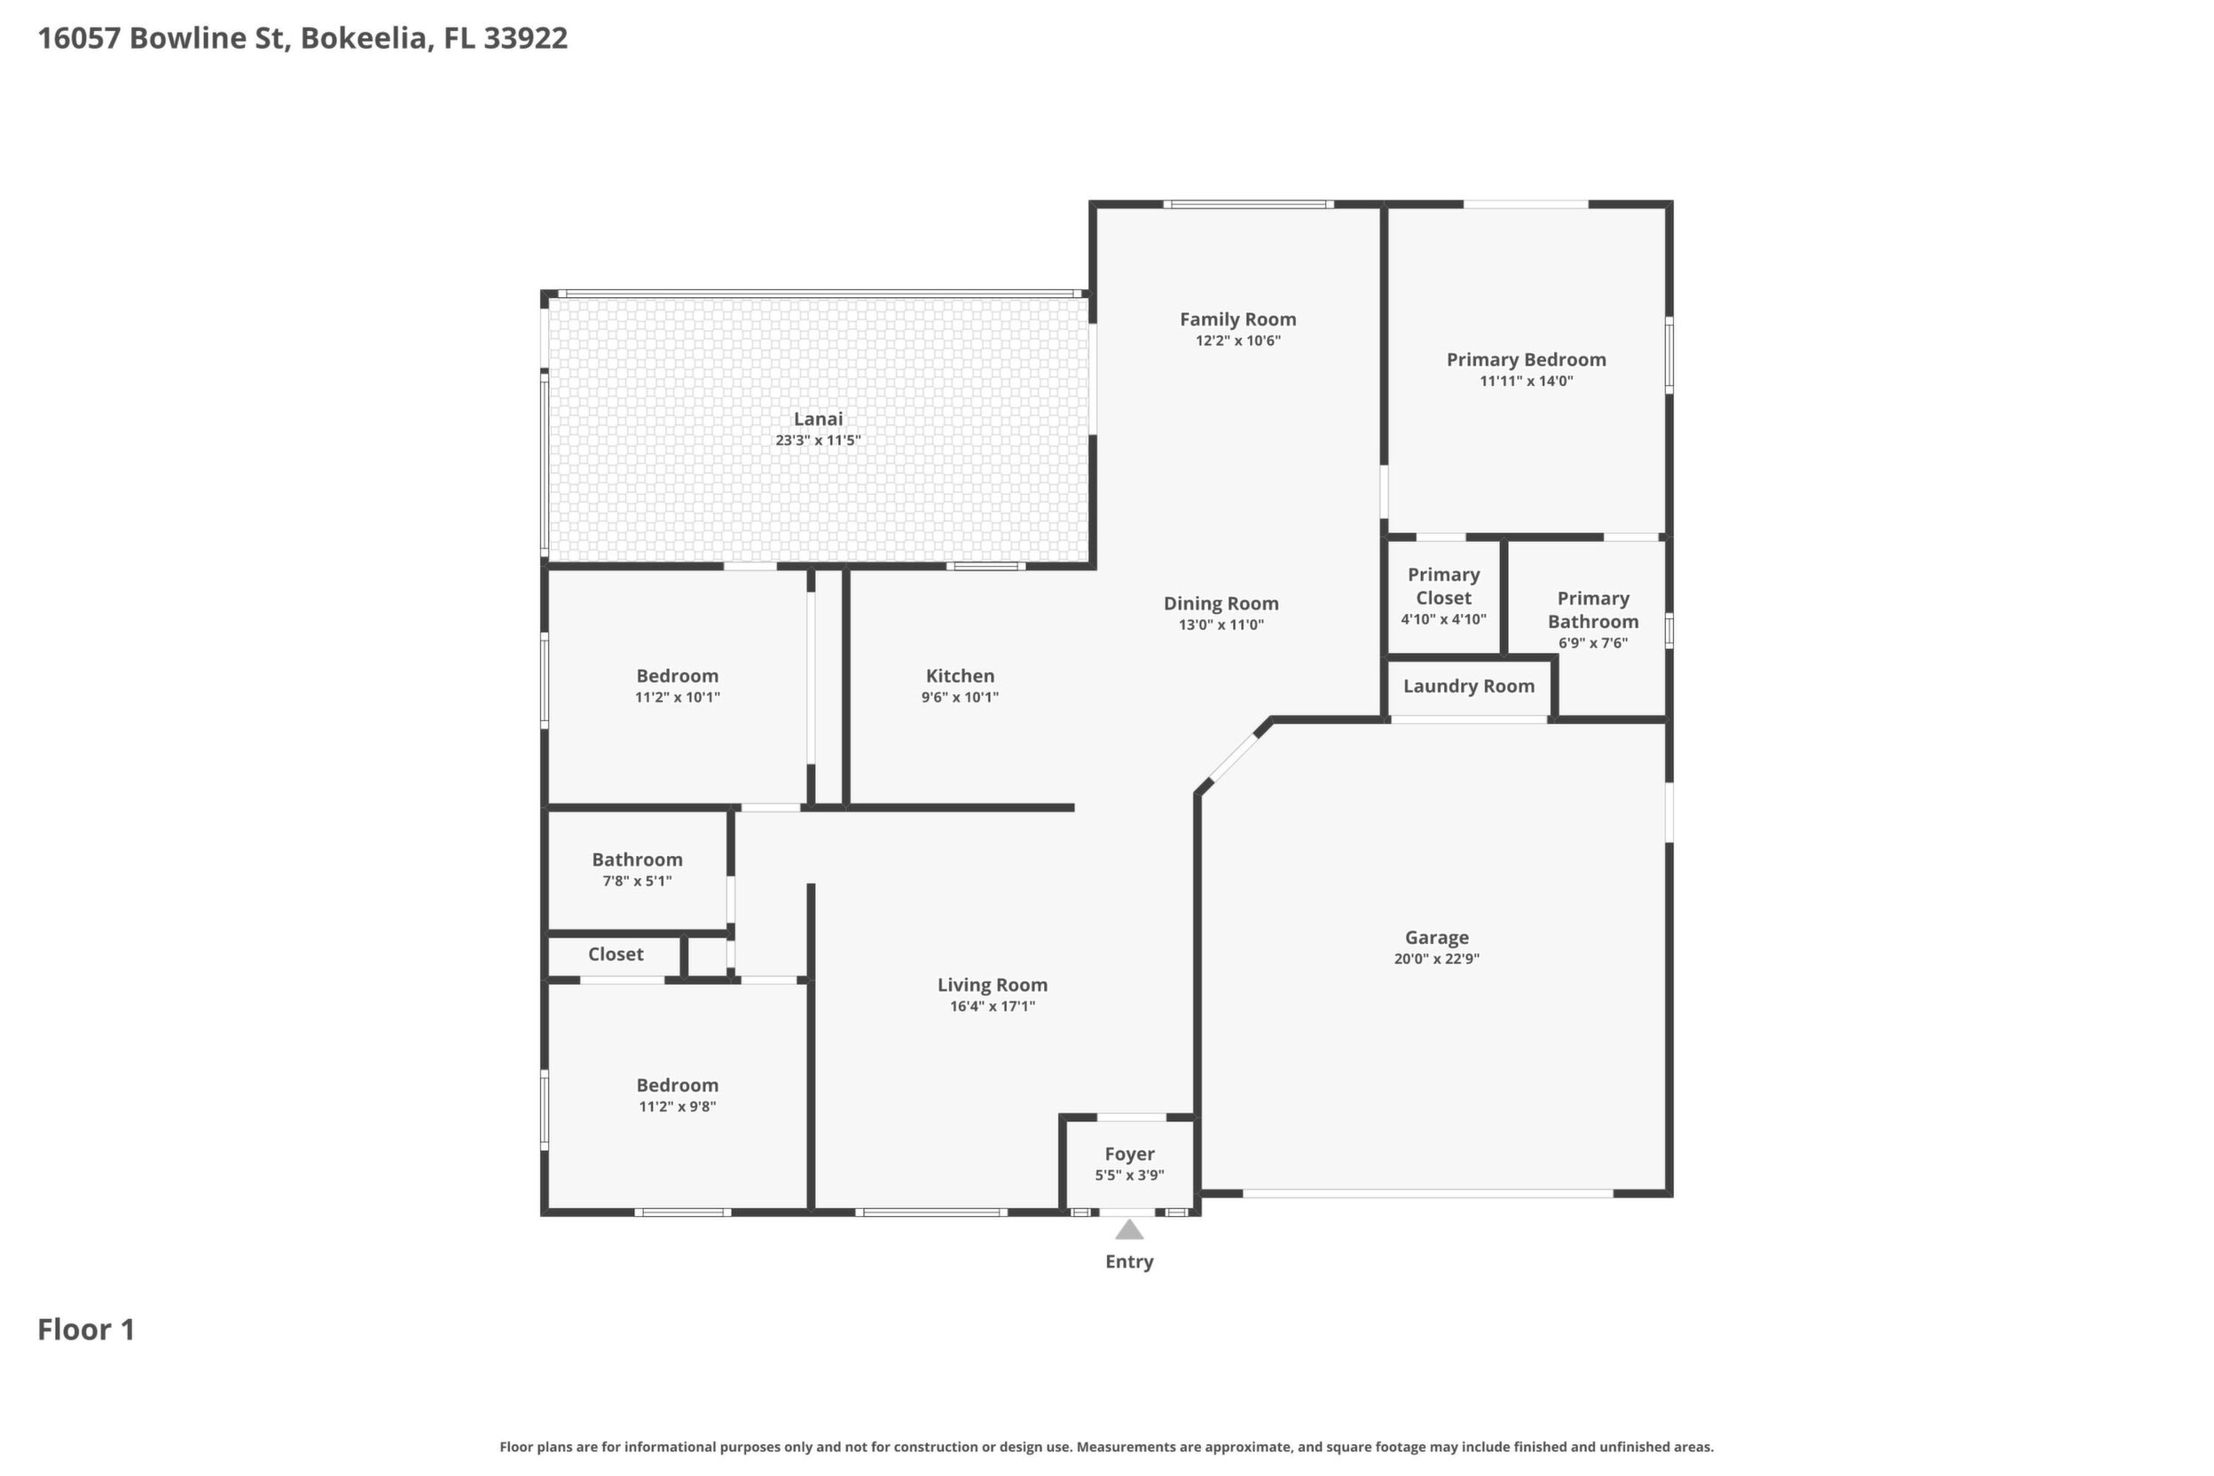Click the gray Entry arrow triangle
[1128, 1229]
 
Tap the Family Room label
[1238, 319]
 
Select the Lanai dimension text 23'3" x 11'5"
[818, 440]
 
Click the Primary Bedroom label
[1526, 359]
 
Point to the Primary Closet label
[1443, 585]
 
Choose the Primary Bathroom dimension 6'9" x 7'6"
[1593, 643]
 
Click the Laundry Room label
[1469, 687]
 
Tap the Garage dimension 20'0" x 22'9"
[1436, 958]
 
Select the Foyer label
[1129, 1154]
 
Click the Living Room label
[993, 985]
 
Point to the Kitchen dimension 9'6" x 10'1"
[959, 696]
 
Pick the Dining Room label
[1221, 603]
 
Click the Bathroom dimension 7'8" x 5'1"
[637, 880]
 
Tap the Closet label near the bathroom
[616, 954]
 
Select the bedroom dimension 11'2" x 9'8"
[677, 1106]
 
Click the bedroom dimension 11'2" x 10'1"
[677, 696]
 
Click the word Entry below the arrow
[1128, 1261]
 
